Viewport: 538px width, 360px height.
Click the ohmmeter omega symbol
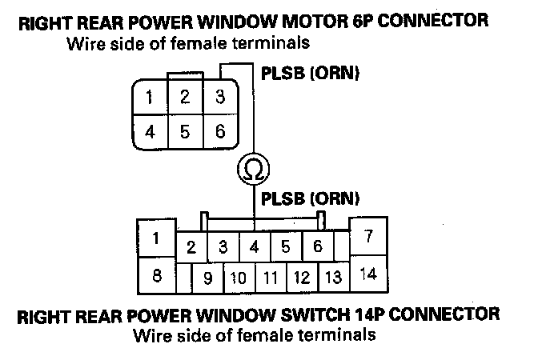(253, 168)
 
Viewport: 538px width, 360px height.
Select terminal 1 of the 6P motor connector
(151, 98)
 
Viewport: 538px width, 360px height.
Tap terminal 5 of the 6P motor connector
(185, 131)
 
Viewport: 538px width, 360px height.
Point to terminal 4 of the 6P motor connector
(151, 131)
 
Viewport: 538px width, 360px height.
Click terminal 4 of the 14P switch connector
(254, 246)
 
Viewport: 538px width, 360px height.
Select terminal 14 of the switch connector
(368, 274)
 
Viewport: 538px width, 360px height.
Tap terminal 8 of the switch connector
(157, 277)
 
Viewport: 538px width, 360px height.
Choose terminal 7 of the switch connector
(368, 238)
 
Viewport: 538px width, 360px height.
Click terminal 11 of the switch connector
(270, 278)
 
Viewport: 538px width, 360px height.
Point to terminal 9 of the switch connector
(207, 278)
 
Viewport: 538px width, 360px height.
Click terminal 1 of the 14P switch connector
(157, 238)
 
